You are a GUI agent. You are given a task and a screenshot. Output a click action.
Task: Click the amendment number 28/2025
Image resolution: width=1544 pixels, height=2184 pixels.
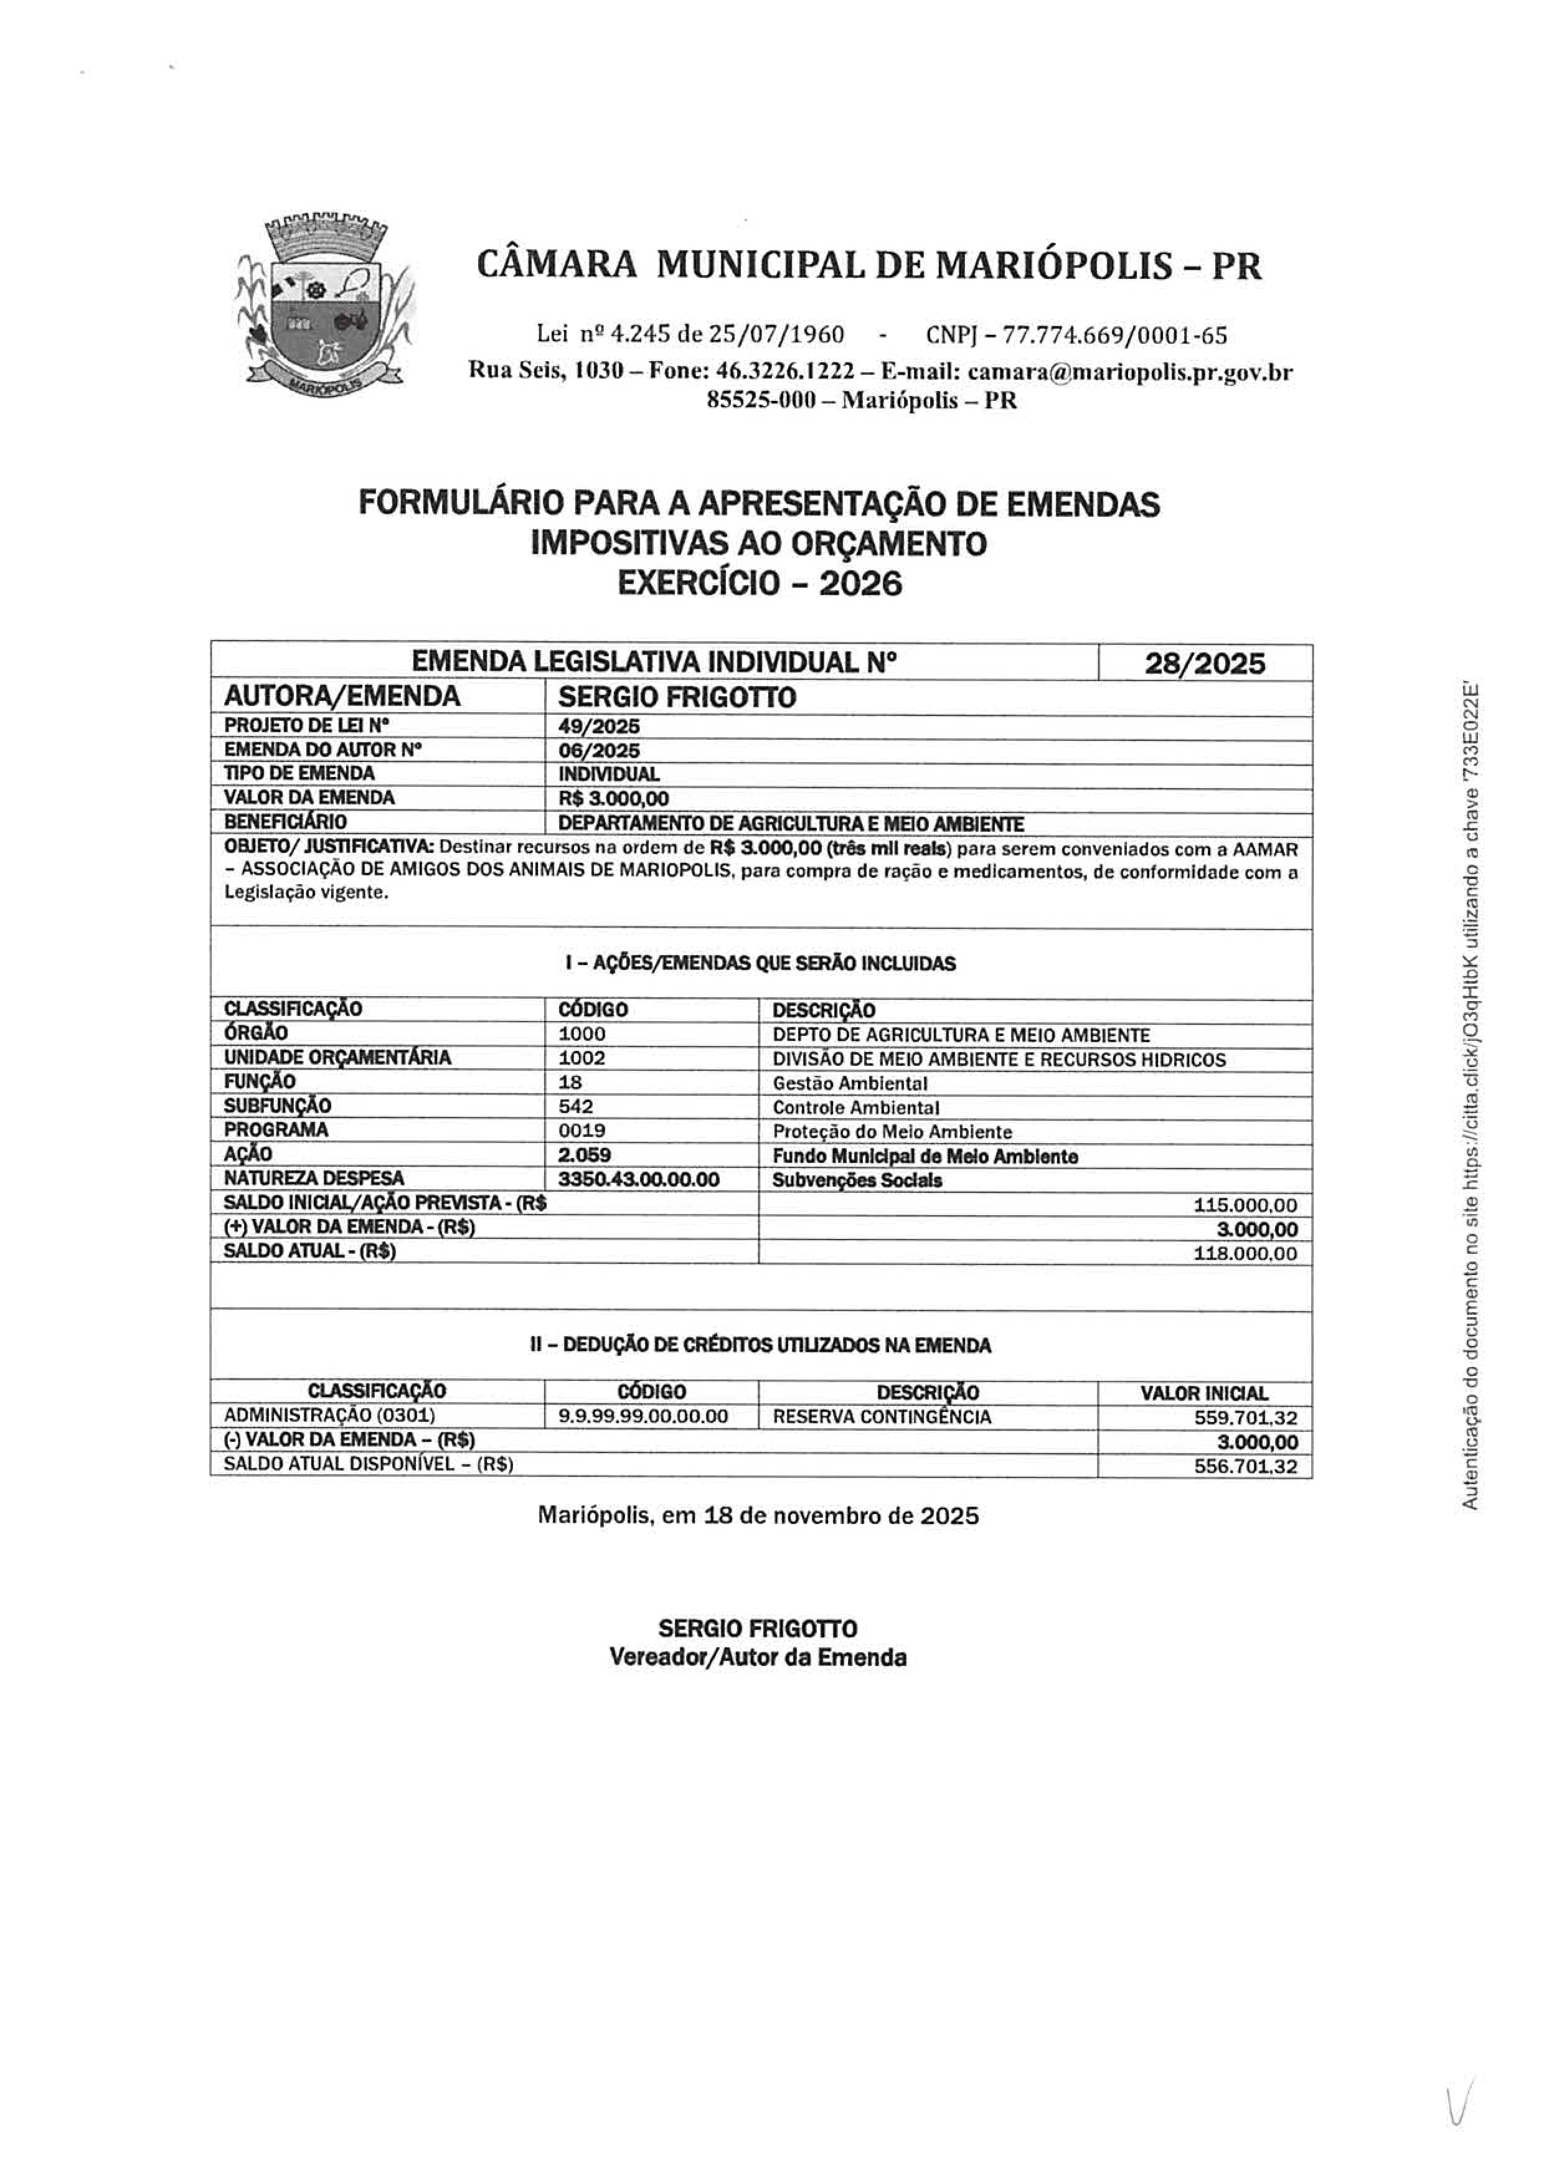1204,663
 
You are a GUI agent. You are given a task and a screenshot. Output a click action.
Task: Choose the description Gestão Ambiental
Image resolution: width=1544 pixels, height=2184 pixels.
850,1083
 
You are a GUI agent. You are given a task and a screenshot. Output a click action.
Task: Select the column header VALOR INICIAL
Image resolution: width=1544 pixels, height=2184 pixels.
1203,1393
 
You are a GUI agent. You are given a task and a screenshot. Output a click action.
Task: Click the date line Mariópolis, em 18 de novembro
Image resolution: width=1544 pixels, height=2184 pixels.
758,1515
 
